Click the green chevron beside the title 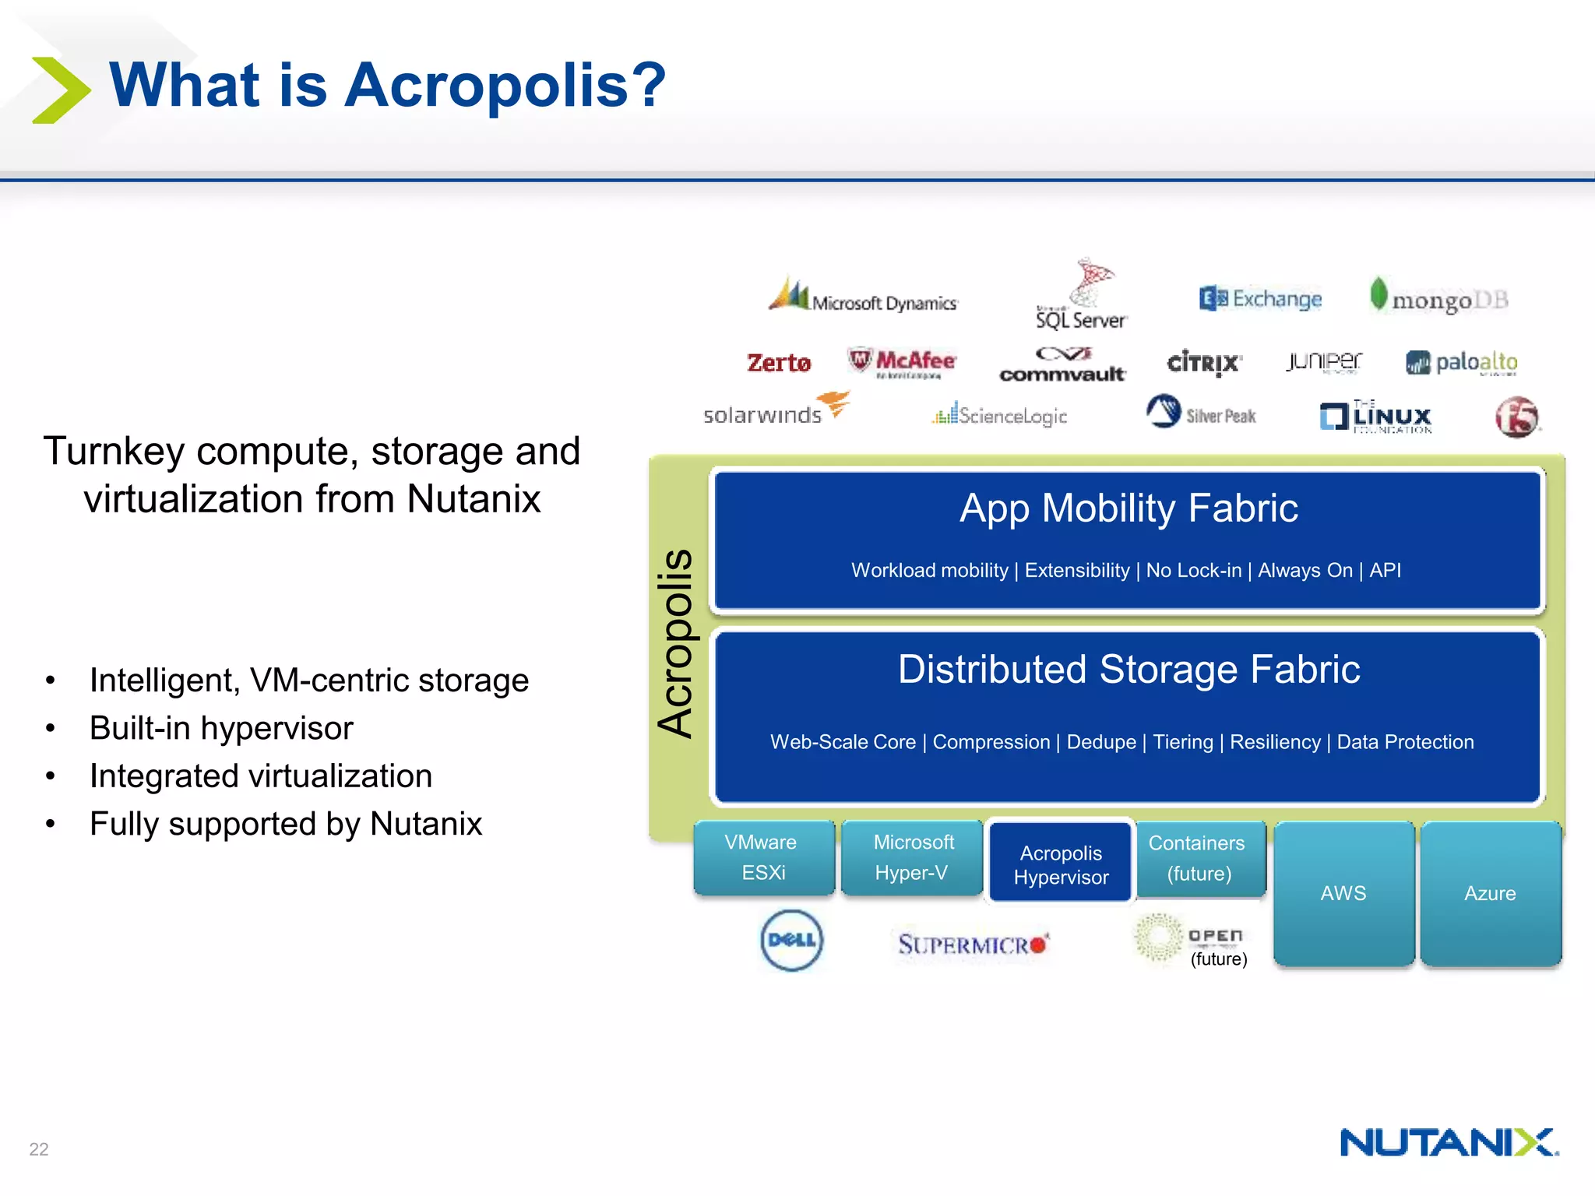tap(61, 90)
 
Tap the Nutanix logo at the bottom tap(1449, 1143)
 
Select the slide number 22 tap(39, 1149)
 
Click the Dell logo tap(791, 941)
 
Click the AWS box tap(1343, 893)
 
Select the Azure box tap(1490, 893)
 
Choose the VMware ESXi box tap(763, 857)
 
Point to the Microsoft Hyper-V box tap(912, 857)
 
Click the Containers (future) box tap(1199, 858)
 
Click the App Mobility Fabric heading tap(1128, 508)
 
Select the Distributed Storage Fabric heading tap(1128, 670)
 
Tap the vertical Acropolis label tap(675, 642)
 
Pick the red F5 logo tap(1516, 417)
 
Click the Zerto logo tap(778, 363)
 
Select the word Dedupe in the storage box tap(1101, 742)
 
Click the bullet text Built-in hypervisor tap(221, 728)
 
